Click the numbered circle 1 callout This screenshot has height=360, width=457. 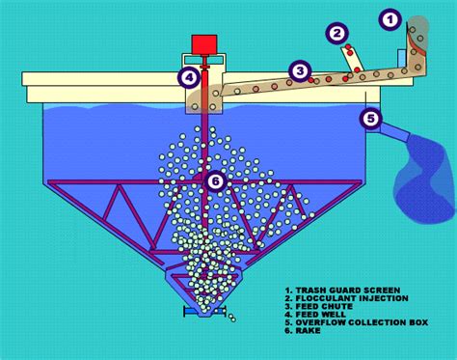[x=390, y=20]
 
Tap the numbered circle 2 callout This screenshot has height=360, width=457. [x=336, y=33]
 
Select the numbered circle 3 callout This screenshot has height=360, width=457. [x=300, y=70]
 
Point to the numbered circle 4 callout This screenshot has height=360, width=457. [x=189, y=77]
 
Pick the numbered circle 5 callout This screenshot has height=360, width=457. [x=371, y=119]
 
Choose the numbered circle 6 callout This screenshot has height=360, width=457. [x=215, y=181]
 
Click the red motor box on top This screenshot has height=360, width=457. [x=204, y=44]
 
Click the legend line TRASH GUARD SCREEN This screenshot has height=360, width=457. [x=342, y=291]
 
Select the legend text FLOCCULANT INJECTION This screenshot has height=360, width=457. [x=346, y=298]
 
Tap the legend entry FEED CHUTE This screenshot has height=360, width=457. [x=319, y=306]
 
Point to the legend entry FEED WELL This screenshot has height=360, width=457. [x=315, y=315]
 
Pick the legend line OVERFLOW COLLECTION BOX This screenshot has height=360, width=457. [x=357, y=322]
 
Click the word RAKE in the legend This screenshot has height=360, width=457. [x=308, y=330]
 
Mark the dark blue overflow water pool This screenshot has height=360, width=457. [x=425, y=180]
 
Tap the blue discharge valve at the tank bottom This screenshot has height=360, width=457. [x=204, y=312]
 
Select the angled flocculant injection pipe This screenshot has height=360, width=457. [x=352, y=59]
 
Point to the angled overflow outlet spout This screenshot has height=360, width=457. [x=394, y=132]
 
